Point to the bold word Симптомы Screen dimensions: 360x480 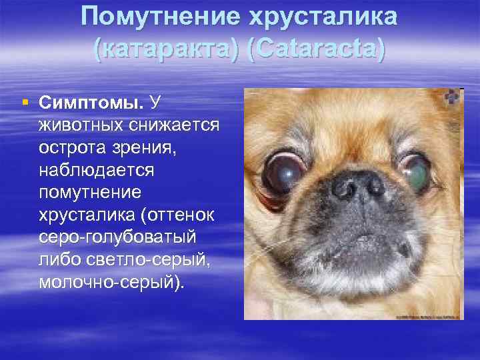91,103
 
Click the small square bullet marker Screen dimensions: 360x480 25,103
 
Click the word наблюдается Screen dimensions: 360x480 97,170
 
